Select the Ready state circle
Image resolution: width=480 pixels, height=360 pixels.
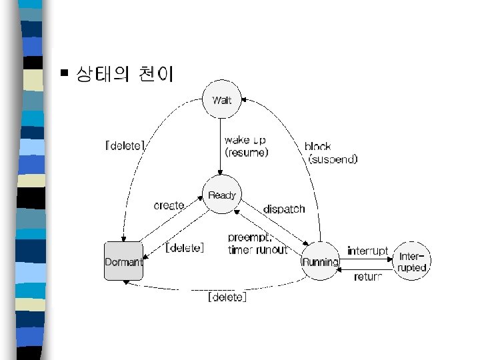[x=221, y=195]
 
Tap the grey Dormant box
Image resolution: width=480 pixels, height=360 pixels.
[x=123, y=261]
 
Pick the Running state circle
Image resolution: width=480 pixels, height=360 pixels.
[x=321, y=261]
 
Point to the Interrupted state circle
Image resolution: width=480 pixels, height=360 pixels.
[x=412, y=261]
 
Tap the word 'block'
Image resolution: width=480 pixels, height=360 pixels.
[x=317, y=146]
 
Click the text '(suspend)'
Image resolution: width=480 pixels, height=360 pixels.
[x=333, y=159]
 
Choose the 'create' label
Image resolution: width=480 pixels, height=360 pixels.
[x=169, y=205]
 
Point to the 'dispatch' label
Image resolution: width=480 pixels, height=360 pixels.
[x=284, y=209]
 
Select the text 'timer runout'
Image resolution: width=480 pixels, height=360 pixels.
[x=257, y=249]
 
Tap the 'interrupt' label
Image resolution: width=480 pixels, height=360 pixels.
[x=367, y=251]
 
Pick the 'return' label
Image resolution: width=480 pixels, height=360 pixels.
[x=368, y=276]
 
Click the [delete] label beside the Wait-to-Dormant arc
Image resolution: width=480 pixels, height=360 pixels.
[x=125, y=145]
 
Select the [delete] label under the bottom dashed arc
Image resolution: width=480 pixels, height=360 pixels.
[x=227, y=297]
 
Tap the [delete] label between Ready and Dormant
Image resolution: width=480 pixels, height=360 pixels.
[x=185, y=248]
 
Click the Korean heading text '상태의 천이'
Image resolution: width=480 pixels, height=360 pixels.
[x=125, y=73]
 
